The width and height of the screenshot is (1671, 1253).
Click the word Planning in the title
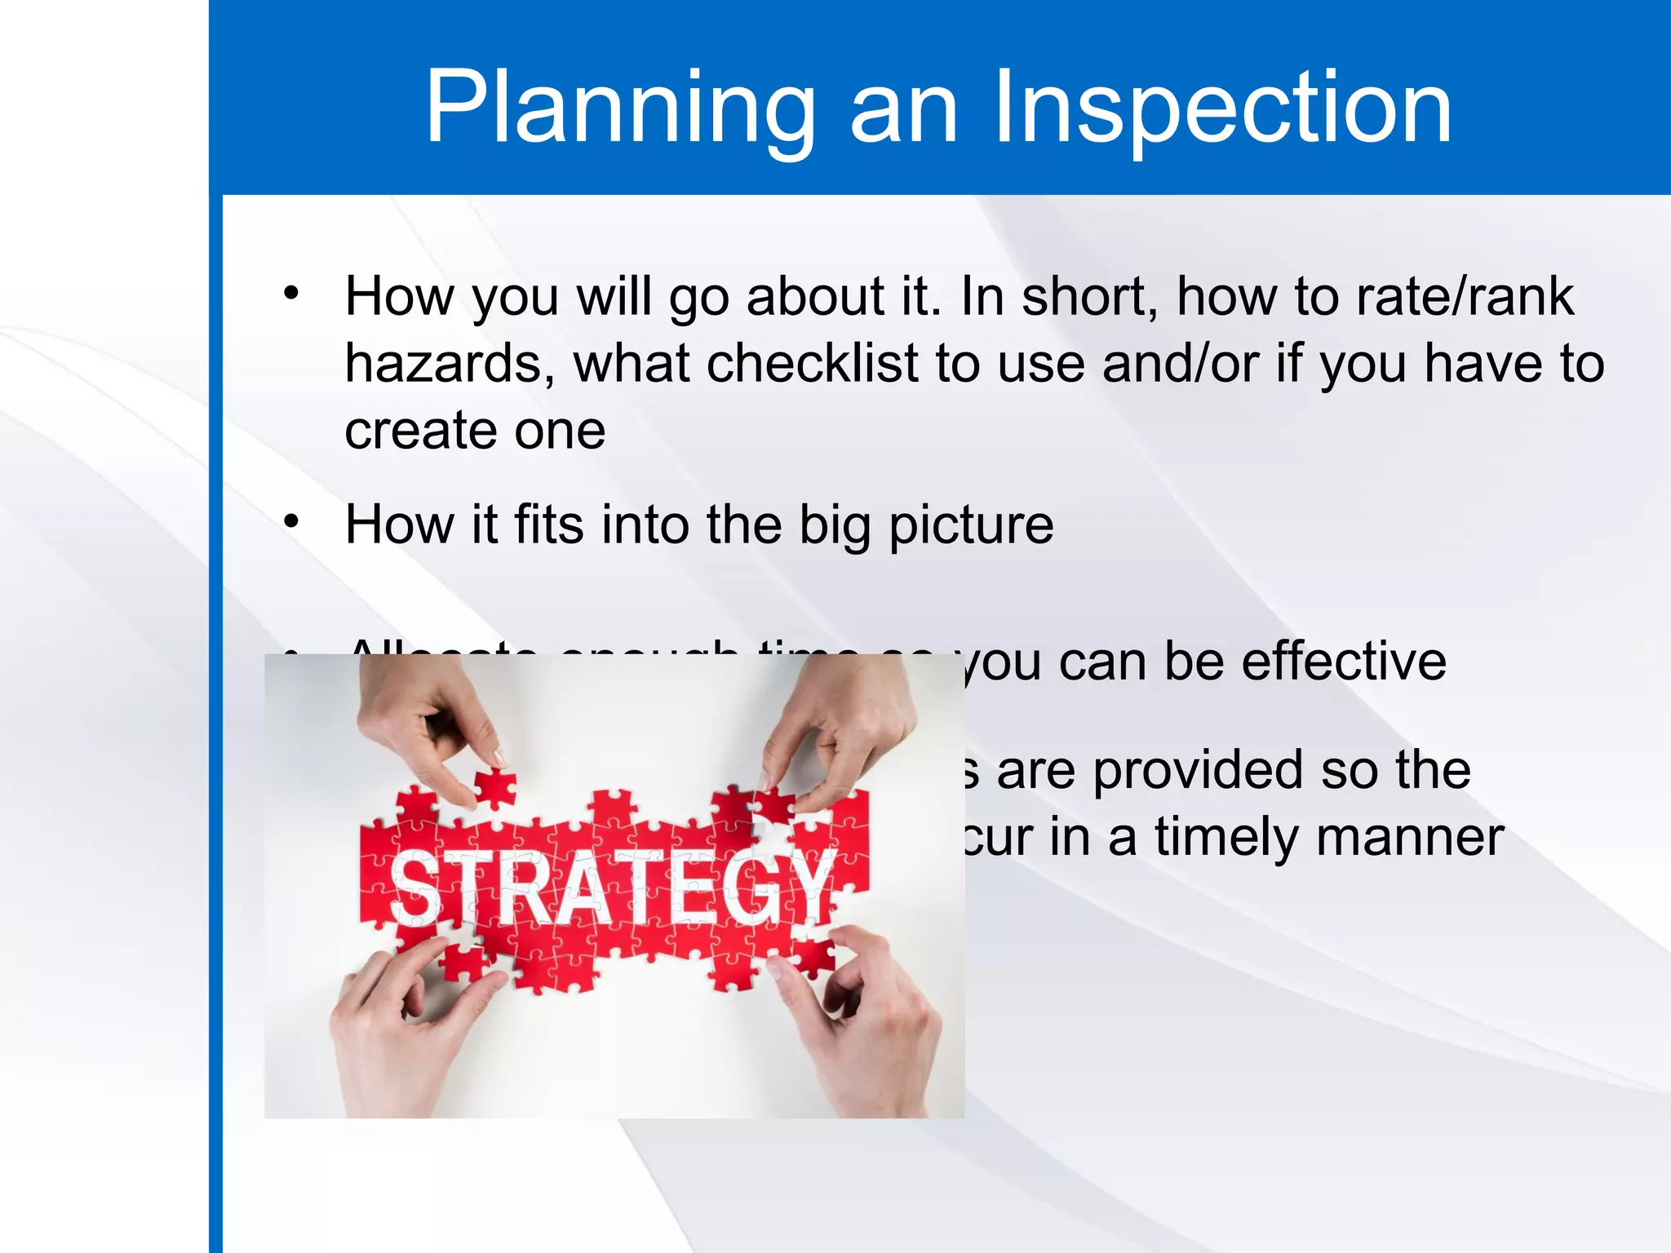(620, 108)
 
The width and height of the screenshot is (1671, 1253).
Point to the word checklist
(813, 363)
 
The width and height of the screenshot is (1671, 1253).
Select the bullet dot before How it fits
(291, 520)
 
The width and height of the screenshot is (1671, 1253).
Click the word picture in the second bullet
(971, 525)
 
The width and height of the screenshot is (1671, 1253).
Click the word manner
(1410, 838)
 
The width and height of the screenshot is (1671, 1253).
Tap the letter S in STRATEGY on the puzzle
(416, 889)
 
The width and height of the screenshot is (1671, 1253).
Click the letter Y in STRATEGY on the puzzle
(808, 885)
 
